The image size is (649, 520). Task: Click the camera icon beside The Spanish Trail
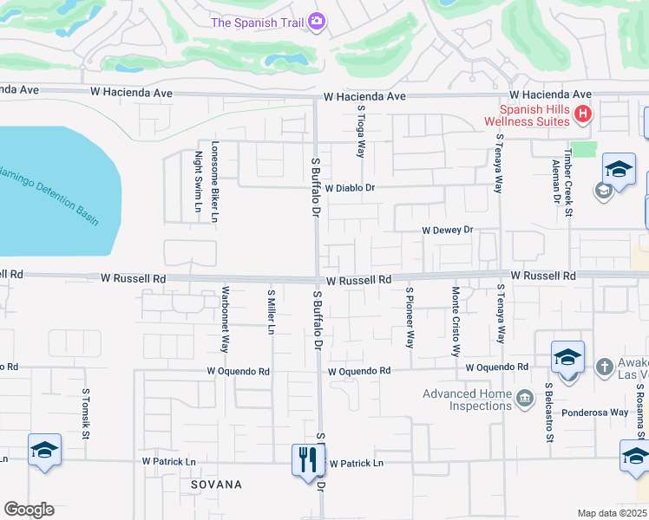[x=317, y=20]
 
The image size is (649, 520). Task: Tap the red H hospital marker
[x=584, y=114]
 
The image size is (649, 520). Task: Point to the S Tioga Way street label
[x=361, y=132]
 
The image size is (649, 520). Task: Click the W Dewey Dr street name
[x=447, y=231]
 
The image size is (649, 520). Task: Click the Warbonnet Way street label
[x=225, y=319]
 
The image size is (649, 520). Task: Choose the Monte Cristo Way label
[x=455, y=322]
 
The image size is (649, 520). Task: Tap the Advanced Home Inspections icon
[x=524, y=399]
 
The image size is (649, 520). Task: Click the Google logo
[x=29, y=510]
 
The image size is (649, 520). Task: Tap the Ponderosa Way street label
[x=594, y=413]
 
